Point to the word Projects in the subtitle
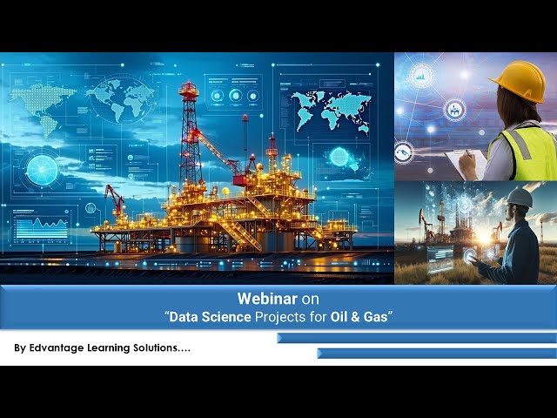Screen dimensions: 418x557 pyautogui.click(x=279, y=318)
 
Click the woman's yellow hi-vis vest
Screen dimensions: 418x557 pyautogui.click(x=531, y=152)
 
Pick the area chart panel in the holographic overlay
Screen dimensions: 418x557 pyautogui.click(x=41, y=228)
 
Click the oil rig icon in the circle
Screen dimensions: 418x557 pyautogui.click(x=454, y=110)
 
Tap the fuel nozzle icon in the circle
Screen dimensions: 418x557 pyautogui.click(x=404, y=152)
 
